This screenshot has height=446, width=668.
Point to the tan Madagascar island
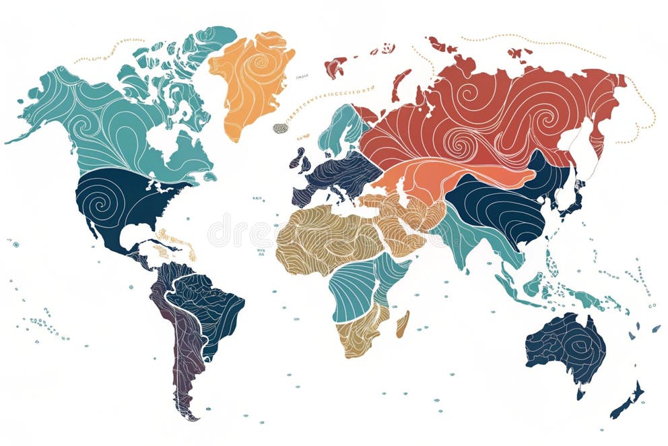(403, 323)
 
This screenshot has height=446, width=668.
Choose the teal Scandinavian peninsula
(340, 128)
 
